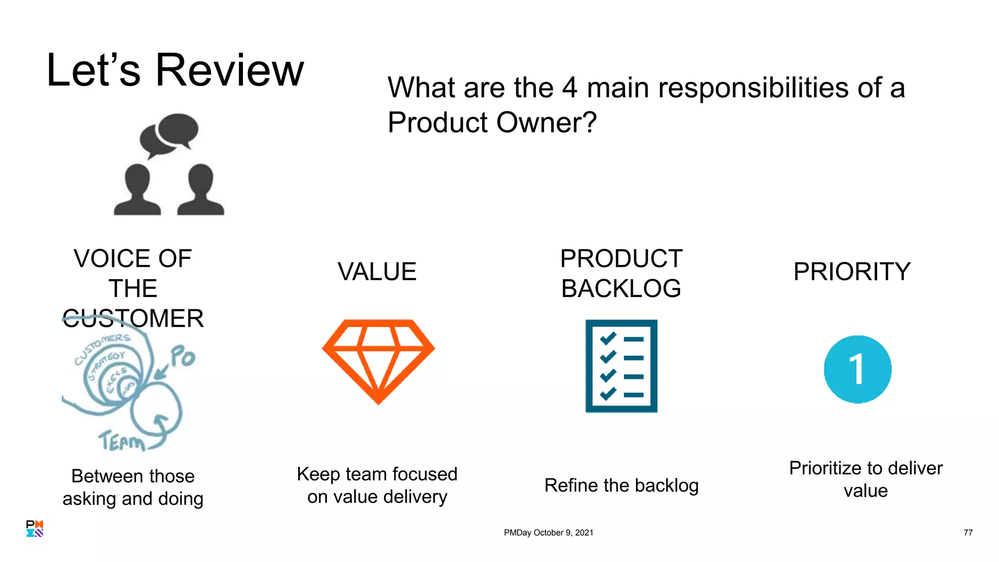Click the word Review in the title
(x=229, y=71)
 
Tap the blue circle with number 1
(x=858, y=369)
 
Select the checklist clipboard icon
(x=621, y=366)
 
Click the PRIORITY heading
(x=852, y=272)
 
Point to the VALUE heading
(x=377, y=272)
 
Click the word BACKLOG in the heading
(x=620, y=288)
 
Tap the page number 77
(x=968, y=533)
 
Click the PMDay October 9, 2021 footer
(x=548, y=533)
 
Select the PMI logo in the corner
(x=35, y=528)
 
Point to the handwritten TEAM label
(x=122, y=441)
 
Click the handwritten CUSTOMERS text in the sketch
(x=102, y=348)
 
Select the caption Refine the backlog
(x=621, y=485)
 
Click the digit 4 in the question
(x=569, y=88)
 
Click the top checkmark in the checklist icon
(x=608, y=338)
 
